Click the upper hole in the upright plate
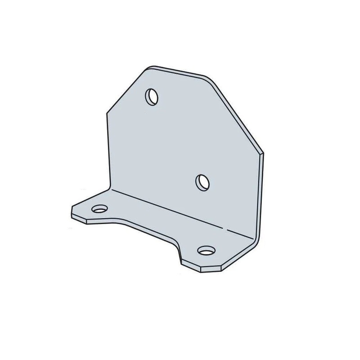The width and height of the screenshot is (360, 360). pos(152,96)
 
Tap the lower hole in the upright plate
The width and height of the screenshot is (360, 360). pos(203,182)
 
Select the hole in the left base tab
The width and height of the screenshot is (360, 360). pos(99,209)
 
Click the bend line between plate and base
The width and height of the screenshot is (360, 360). pos(180,211)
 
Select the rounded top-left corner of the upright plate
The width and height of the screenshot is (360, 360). pos(148,68)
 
